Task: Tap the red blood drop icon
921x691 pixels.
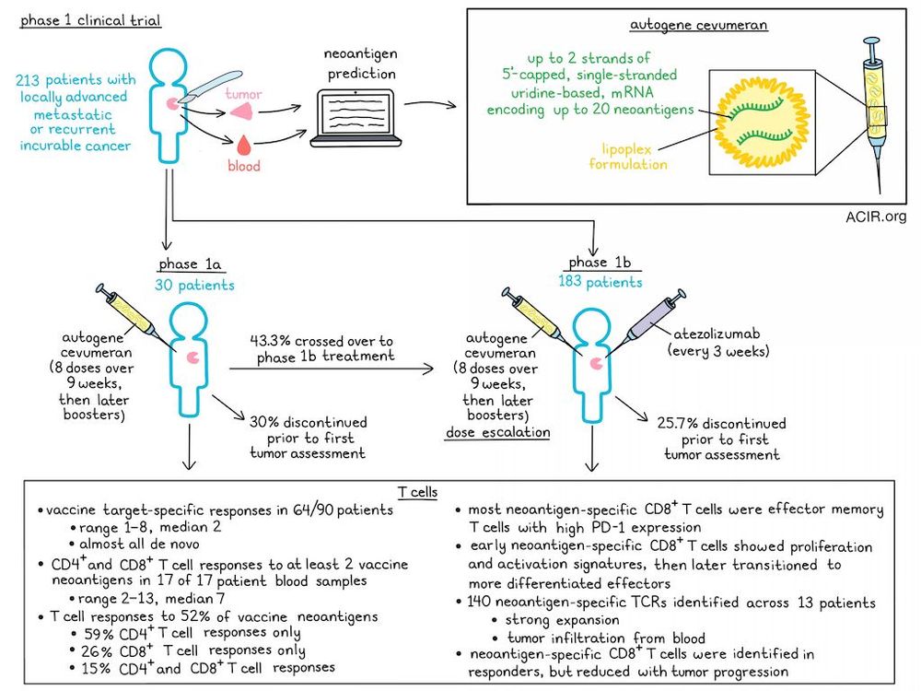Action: coord(242,146)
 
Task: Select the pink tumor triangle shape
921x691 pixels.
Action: coord(242,109)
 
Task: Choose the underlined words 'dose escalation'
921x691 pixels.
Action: coord(497,431)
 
